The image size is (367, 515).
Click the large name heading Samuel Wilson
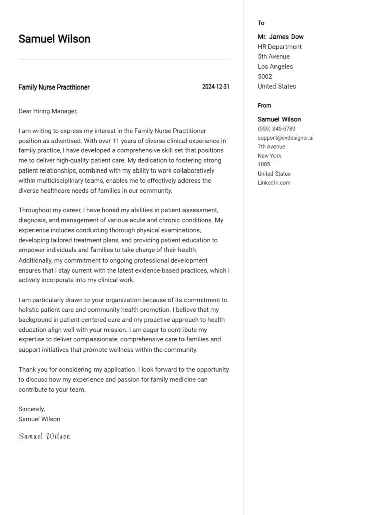point(54,39)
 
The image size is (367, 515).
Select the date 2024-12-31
point(216,87)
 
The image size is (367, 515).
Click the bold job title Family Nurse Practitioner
point(54,87)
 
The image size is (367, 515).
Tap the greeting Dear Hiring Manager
point(48,111)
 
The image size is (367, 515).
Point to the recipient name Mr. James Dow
point(281,37)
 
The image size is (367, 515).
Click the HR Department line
point(280,47)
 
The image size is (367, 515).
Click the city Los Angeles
point(275,66)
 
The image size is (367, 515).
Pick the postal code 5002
point(265,76)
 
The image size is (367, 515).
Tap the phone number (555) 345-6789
point(277,129)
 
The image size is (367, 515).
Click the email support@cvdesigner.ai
point(286,138)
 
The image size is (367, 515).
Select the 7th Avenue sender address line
point(271,147)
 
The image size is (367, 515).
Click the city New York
point(269,156)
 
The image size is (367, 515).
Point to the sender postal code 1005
point(264,164)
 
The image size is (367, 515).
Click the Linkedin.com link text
point(274,183)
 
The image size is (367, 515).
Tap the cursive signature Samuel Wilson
point(44,436)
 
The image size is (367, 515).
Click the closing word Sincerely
point(32,409)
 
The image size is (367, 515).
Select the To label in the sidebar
point(261,23)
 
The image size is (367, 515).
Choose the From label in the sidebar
point(264,105)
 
